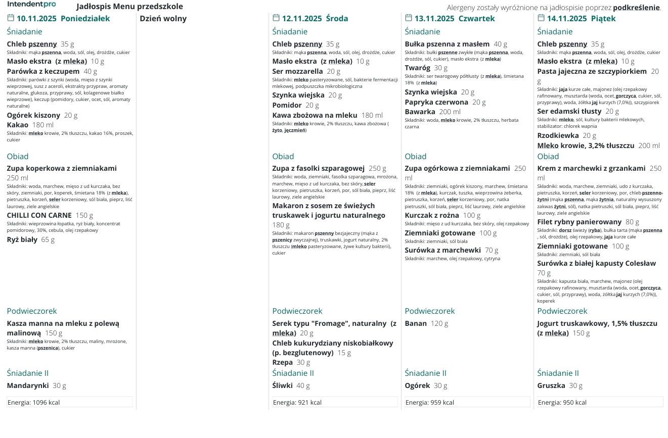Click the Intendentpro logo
point(31,4)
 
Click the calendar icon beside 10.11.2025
point(11,18)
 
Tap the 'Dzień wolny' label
point(163,19)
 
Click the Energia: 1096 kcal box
point(70,402)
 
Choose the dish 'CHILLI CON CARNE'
point(39,216)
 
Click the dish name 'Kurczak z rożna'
point(432,216)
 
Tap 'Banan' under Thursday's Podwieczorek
point(416,323)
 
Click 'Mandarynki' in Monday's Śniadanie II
point(28,385)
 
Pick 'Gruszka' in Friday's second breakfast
point(551,385)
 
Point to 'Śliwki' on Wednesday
point(282,385)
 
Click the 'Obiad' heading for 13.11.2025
point(415,157)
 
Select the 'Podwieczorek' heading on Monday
point(32,311)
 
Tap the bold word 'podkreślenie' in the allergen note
point(636,8)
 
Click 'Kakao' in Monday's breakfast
point(18,125)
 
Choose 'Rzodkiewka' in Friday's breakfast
point(557,135)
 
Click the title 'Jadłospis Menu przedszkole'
point(129,7)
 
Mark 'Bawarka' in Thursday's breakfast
point(420,112)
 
